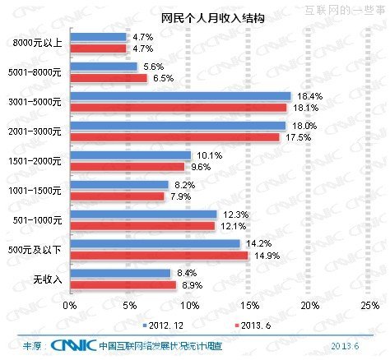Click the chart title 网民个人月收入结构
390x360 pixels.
[x=194, y=17]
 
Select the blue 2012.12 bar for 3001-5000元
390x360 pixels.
[x=181, y=96]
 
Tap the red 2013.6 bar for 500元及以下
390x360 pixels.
[x=160, y=255]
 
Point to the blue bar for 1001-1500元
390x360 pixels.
[x=119, y=185]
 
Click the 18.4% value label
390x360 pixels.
[x=305, y=96]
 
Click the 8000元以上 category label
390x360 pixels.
[x=39, y=43]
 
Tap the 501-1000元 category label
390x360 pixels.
[x=38, y=219]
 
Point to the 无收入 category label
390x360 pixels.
[x=46, y=279]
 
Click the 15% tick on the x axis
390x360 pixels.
[x=250, y=306]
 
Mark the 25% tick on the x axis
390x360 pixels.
[x=370, y=306]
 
